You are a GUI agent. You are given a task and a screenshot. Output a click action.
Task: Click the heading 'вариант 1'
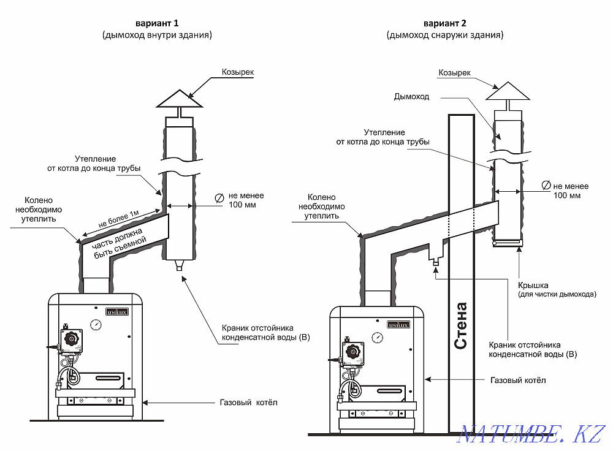[x=158, y=23]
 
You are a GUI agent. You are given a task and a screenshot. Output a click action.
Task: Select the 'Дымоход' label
[x=412, y=97]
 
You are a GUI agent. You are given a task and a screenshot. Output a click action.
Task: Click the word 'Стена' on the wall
[x=462, y=325]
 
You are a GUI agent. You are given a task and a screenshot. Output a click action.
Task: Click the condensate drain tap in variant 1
[x=178, y=267]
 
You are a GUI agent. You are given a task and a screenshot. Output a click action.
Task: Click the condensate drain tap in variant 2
[x=435, y=262]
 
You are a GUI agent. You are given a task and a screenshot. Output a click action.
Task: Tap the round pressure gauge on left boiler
[x=96, y=325]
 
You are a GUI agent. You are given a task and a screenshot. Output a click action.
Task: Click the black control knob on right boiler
[x=354, y=351]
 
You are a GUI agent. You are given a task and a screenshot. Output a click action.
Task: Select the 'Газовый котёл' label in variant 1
[x=248, y=403]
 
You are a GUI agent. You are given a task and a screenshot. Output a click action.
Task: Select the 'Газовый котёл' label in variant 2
[x=518, y=381]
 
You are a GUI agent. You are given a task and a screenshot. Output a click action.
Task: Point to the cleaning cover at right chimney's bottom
[x=508, y=246]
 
